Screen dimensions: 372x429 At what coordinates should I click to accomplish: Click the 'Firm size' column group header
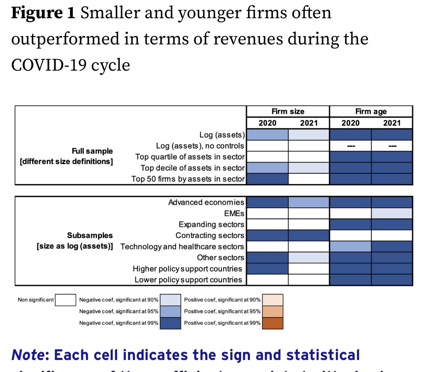pos(288,111)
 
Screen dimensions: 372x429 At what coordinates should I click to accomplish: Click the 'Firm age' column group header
pos(371,111)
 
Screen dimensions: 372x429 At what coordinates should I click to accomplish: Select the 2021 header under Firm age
pos(392,123)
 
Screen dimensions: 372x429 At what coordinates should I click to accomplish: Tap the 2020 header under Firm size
pos(267,123)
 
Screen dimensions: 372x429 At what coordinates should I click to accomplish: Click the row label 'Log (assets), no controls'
pos(200,146)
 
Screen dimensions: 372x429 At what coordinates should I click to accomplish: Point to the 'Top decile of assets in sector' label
pos(192,168)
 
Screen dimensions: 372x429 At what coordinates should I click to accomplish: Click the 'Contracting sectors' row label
pos(210,236)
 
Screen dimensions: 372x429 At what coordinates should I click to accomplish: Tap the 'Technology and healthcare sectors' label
pos(182,246)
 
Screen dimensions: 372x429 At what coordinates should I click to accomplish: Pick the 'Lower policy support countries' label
pos(188,280)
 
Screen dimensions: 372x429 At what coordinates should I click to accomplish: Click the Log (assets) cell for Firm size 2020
pos(267,135)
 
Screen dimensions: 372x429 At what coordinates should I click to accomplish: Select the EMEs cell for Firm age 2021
pos(392,213)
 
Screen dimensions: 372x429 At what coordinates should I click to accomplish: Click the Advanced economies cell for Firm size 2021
pos(309,202)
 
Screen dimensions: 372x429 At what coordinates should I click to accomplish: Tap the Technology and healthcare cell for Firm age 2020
pos(350,246)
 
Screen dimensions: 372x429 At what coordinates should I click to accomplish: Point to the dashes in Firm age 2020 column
pos(350,146)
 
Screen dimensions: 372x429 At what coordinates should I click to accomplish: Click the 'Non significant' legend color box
pos(65,300)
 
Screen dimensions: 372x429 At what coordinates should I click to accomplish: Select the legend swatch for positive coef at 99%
pos(272,323)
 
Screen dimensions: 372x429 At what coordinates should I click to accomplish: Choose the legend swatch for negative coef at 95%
pos(170,312)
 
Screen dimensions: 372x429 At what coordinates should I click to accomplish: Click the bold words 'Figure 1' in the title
pos(43,13)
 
